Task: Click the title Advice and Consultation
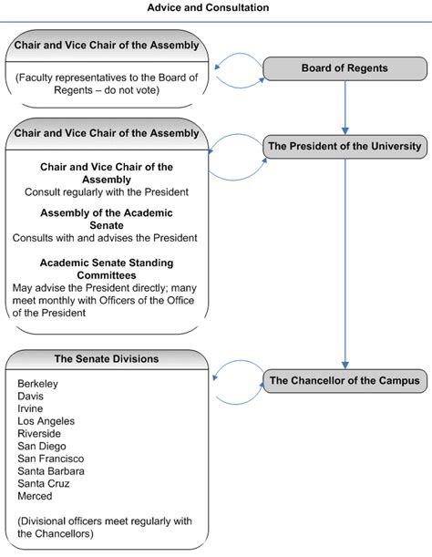(208, 7)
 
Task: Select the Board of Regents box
(345, 68)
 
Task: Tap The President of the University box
(345, 147)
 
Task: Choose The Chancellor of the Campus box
(345, 381)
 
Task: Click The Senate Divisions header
(107, 359)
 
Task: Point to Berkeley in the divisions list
(37, 384)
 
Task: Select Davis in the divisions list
(31, 396)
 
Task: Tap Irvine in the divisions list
(30, 408)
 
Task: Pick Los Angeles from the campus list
(46, 421)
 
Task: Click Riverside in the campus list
(39, 433)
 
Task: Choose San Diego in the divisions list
(42, 446)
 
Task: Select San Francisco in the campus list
(51, 459)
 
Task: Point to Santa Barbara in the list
(51, 471)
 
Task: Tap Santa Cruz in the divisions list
(44, 483)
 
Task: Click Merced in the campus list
(35, 496)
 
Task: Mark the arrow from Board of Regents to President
(345, 108)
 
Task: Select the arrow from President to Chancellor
(345, 264)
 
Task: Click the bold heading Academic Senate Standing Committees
(107, 269)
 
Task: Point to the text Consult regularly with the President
(107, 192)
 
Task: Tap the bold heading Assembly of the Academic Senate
(107, 219)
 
